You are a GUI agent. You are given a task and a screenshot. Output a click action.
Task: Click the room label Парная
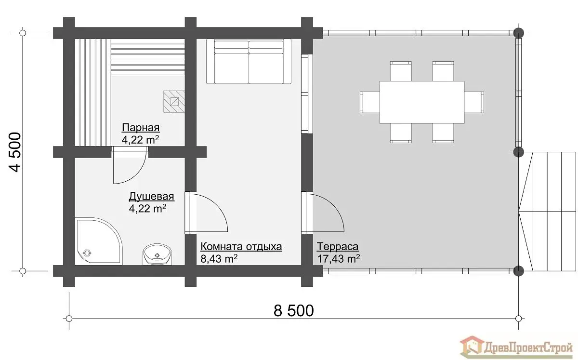(x=141, y=128)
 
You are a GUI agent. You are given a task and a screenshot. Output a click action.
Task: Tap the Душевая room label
(x=151, y=197)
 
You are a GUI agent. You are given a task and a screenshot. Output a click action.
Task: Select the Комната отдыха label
(x=241, y=247)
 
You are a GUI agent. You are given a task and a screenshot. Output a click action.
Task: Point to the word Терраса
(x=338, y=247)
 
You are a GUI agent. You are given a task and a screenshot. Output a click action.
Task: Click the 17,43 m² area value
(x=338, y=258)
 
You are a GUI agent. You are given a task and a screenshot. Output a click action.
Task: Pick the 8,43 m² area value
(x=219, y=258)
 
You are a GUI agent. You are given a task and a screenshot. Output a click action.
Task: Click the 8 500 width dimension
(x=294, y=311)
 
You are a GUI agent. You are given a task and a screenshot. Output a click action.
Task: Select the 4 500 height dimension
(x=15, y=152)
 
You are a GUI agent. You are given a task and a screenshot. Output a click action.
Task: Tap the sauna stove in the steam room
(x=174, y=102)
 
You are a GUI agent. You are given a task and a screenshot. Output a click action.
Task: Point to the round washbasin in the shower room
(x=157, y=254)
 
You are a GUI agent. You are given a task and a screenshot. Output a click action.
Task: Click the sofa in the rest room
(x=249, y=62)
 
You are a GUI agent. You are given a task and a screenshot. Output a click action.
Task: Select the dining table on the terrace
(x=422, y=102)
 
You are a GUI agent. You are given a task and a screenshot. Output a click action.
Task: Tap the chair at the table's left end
(x=370, y=102)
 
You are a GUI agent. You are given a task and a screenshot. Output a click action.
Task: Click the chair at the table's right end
(x=474, y=102)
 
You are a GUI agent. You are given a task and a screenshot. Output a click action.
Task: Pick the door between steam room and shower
(x=130, y=165)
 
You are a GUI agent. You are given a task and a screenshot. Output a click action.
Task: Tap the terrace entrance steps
(x=547, y=212)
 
